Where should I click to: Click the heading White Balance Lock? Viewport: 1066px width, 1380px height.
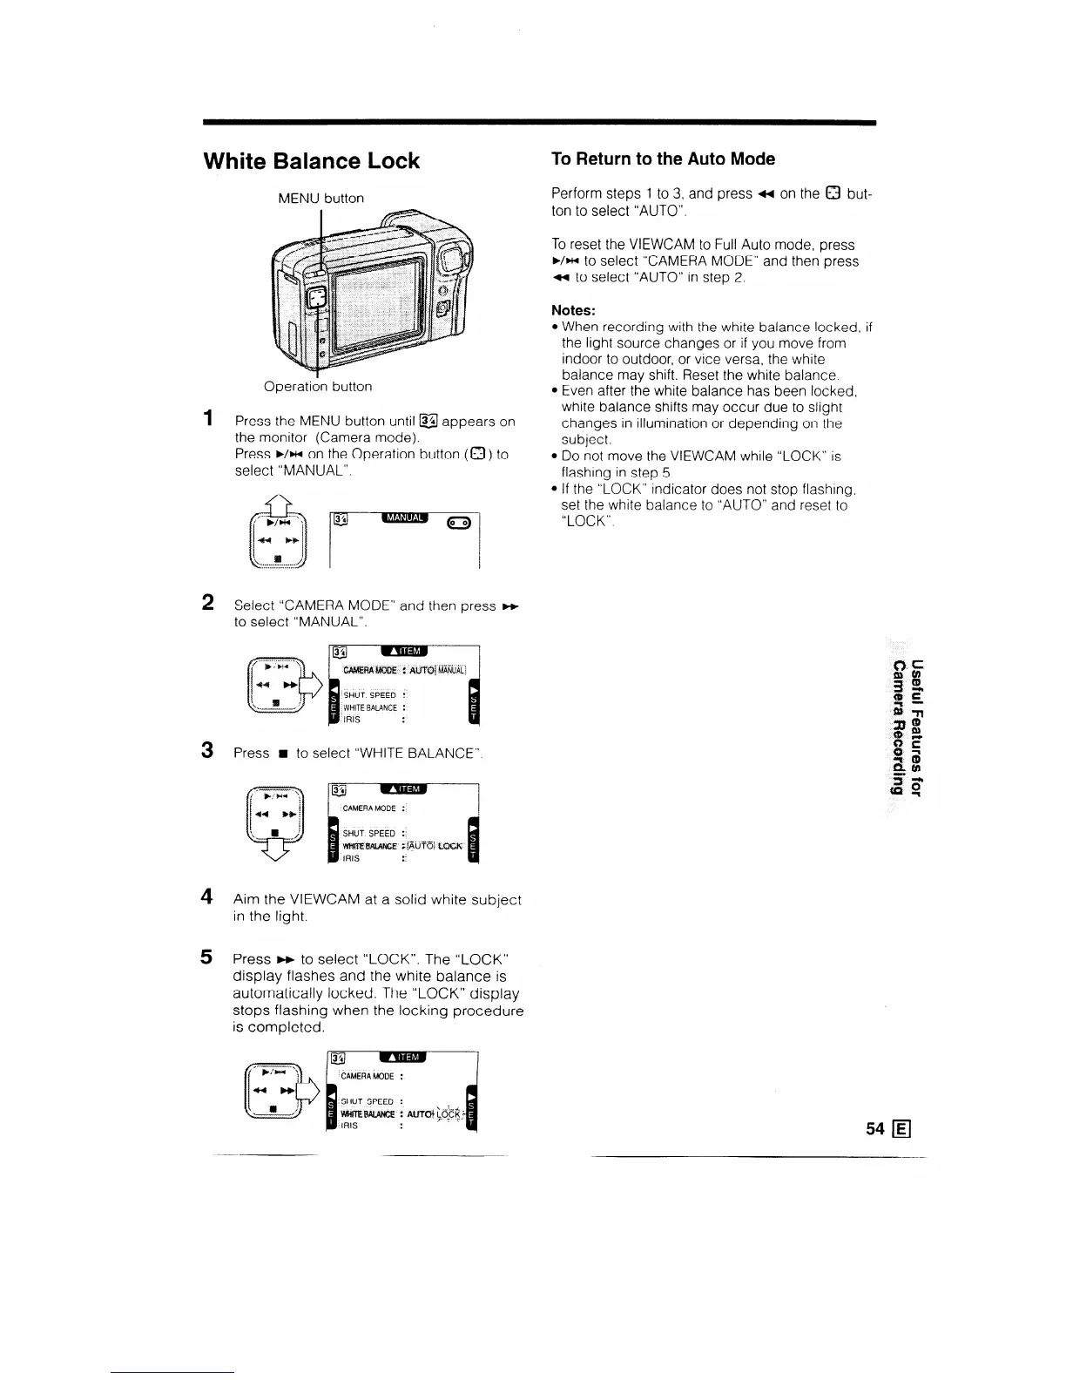coord(311,161)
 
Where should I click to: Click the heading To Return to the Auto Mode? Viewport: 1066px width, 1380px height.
coord(663,159)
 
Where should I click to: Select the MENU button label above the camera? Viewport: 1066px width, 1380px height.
coord(320,198)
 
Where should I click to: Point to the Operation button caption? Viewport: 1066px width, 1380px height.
coord(318,386)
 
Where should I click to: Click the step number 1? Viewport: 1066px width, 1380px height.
coord(208,419)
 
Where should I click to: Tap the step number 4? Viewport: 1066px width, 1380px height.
coord(209,896)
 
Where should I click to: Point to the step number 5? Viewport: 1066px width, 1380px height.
coord(209,957)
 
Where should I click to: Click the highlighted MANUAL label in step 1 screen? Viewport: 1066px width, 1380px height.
coord(407,518)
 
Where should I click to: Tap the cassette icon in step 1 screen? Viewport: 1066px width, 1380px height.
coord(458,523)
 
